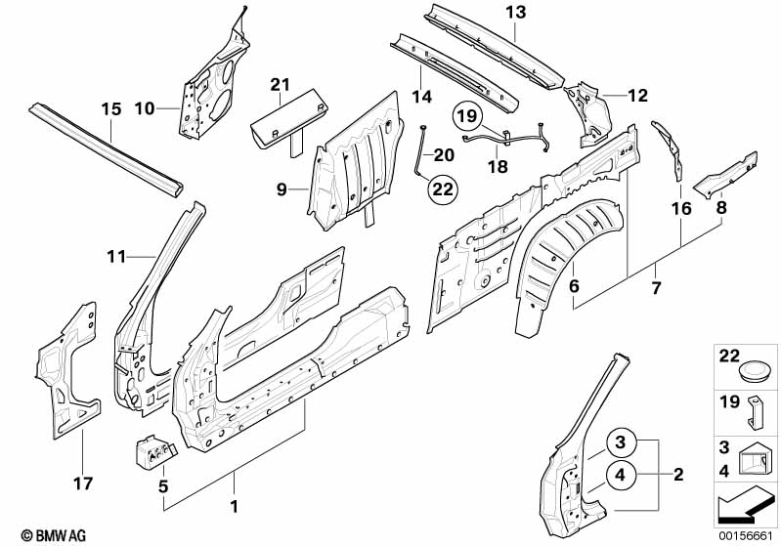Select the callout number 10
coord(144,108)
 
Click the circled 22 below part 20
coord(442,189)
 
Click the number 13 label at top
coord(515,12)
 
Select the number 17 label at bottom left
coord(83,483)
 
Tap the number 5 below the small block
coord(163,485)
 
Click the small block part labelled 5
coord(154,450)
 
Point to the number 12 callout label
coord(638,96)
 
